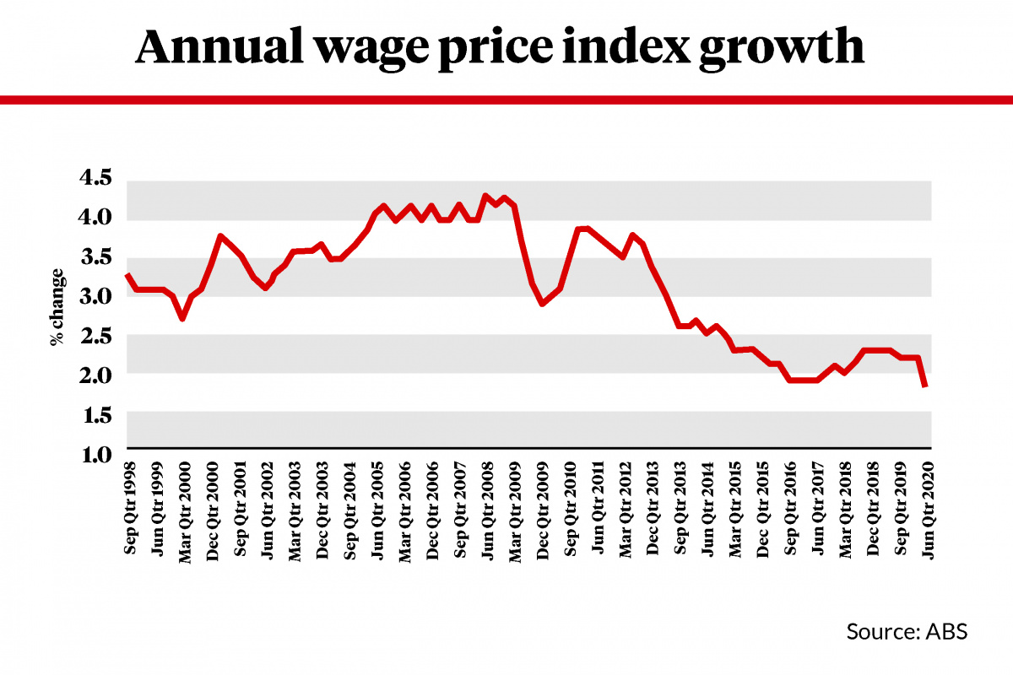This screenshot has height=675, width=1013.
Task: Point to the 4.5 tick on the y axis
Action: click(95, 179)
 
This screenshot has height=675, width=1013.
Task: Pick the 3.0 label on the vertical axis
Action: click(95, 296)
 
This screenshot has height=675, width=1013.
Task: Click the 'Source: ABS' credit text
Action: click(907, 632)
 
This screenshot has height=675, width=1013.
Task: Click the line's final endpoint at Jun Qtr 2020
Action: click(927, 386)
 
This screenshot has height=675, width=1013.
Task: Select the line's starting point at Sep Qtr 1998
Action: click(127, 275)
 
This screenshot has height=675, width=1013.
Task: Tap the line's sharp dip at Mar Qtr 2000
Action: click(181, 318)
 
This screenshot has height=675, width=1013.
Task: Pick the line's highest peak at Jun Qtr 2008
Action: click(485, 196)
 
